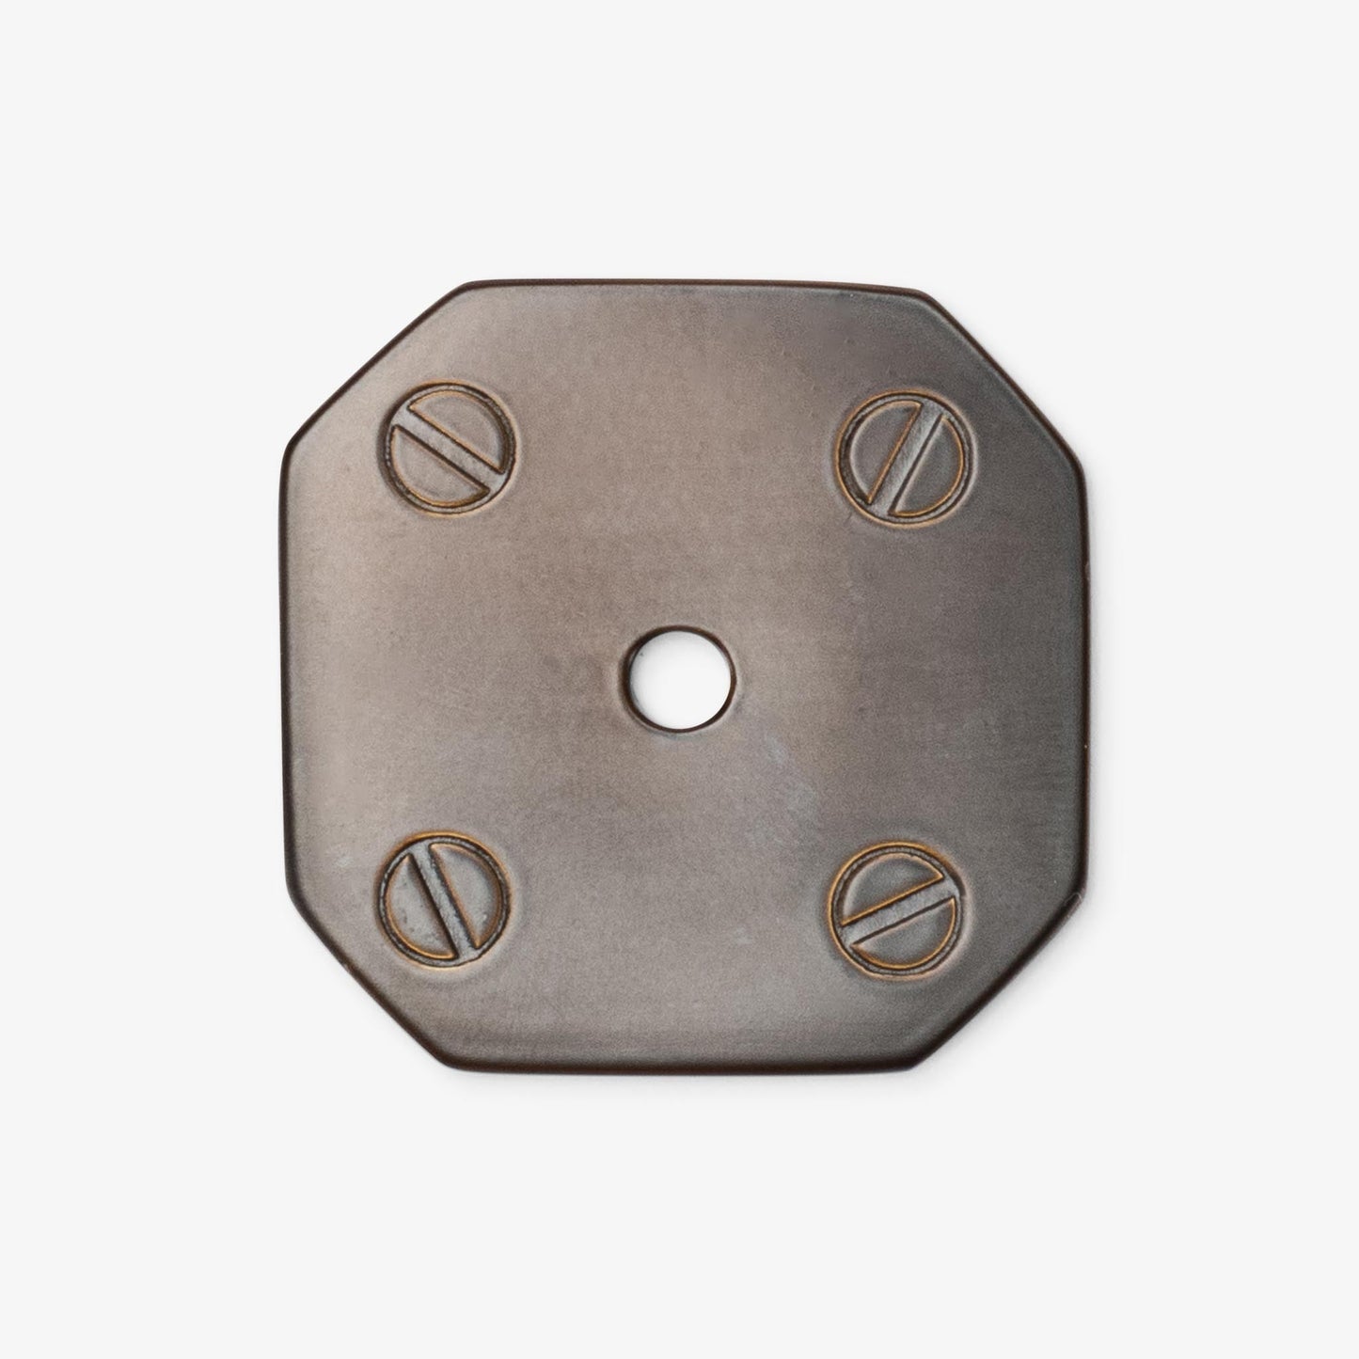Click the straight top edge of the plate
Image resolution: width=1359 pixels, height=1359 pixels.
687,284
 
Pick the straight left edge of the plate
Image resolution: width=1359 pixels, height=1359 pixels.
283,677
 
